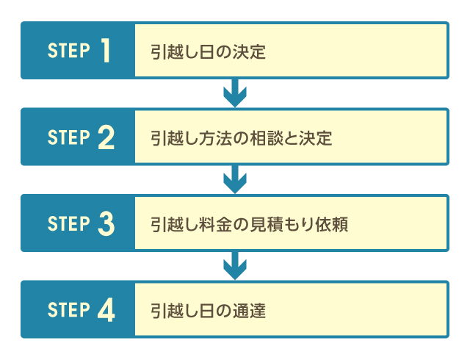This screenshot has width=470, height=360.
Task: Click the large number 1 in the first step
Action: pos(106,51)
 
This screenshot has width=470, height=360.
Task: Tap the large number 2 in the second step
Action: pos(106,137)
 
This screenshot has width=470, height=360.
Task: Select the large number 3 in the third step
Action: pos(106,223)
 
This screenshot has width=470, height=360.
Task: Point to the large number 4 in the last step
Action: pos(106,310)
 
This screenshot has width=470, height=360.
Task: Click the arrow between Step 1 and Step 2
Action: pos(234,93)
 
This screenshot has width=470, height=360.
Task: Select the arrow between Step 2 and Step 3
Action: pos(234,180)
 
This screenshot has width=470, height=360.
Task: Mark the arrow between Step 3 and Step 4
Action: pos(234,266)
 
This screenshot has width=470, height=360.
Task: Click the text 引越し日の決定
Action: pos(208,51)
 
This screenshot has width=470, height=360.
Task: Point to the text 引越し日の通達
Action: pos(208,311)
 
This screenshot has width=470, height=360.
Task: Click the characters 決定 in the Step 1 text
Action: pos(249,51)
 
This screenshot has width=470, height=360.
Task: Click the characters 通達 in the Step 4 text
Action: pos(249,311)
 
